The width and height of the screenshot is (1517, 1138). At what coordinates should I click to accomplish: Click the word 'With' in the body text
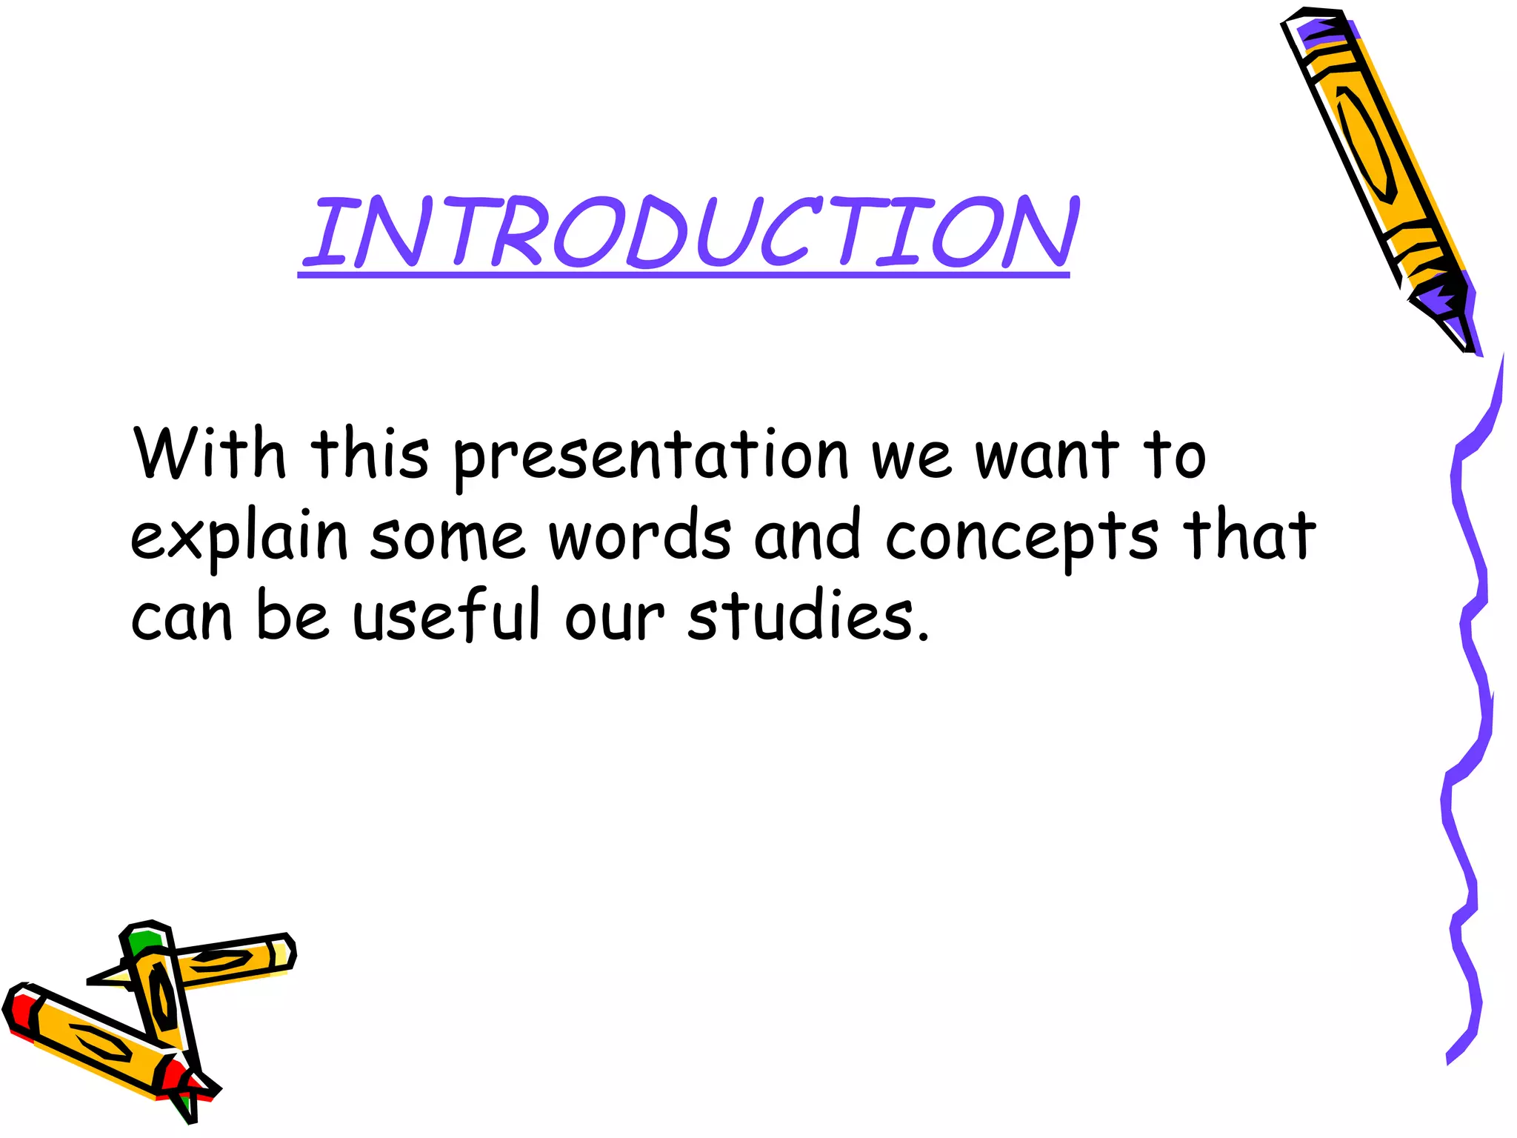[x=209, y=453]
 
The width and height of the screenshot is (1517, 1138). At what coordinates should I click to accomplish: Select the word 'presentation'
[x=650, y=458]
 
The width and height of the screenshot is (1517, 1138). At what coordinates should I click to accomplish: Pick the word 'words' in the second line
[x=640, y=534]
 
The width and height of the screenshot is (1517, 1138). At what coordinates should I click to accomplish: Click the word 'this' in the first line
[x=370, y=453]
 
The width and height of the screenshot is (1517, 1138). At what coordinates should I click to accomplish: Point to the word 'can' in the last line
[x=181, y=619]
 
